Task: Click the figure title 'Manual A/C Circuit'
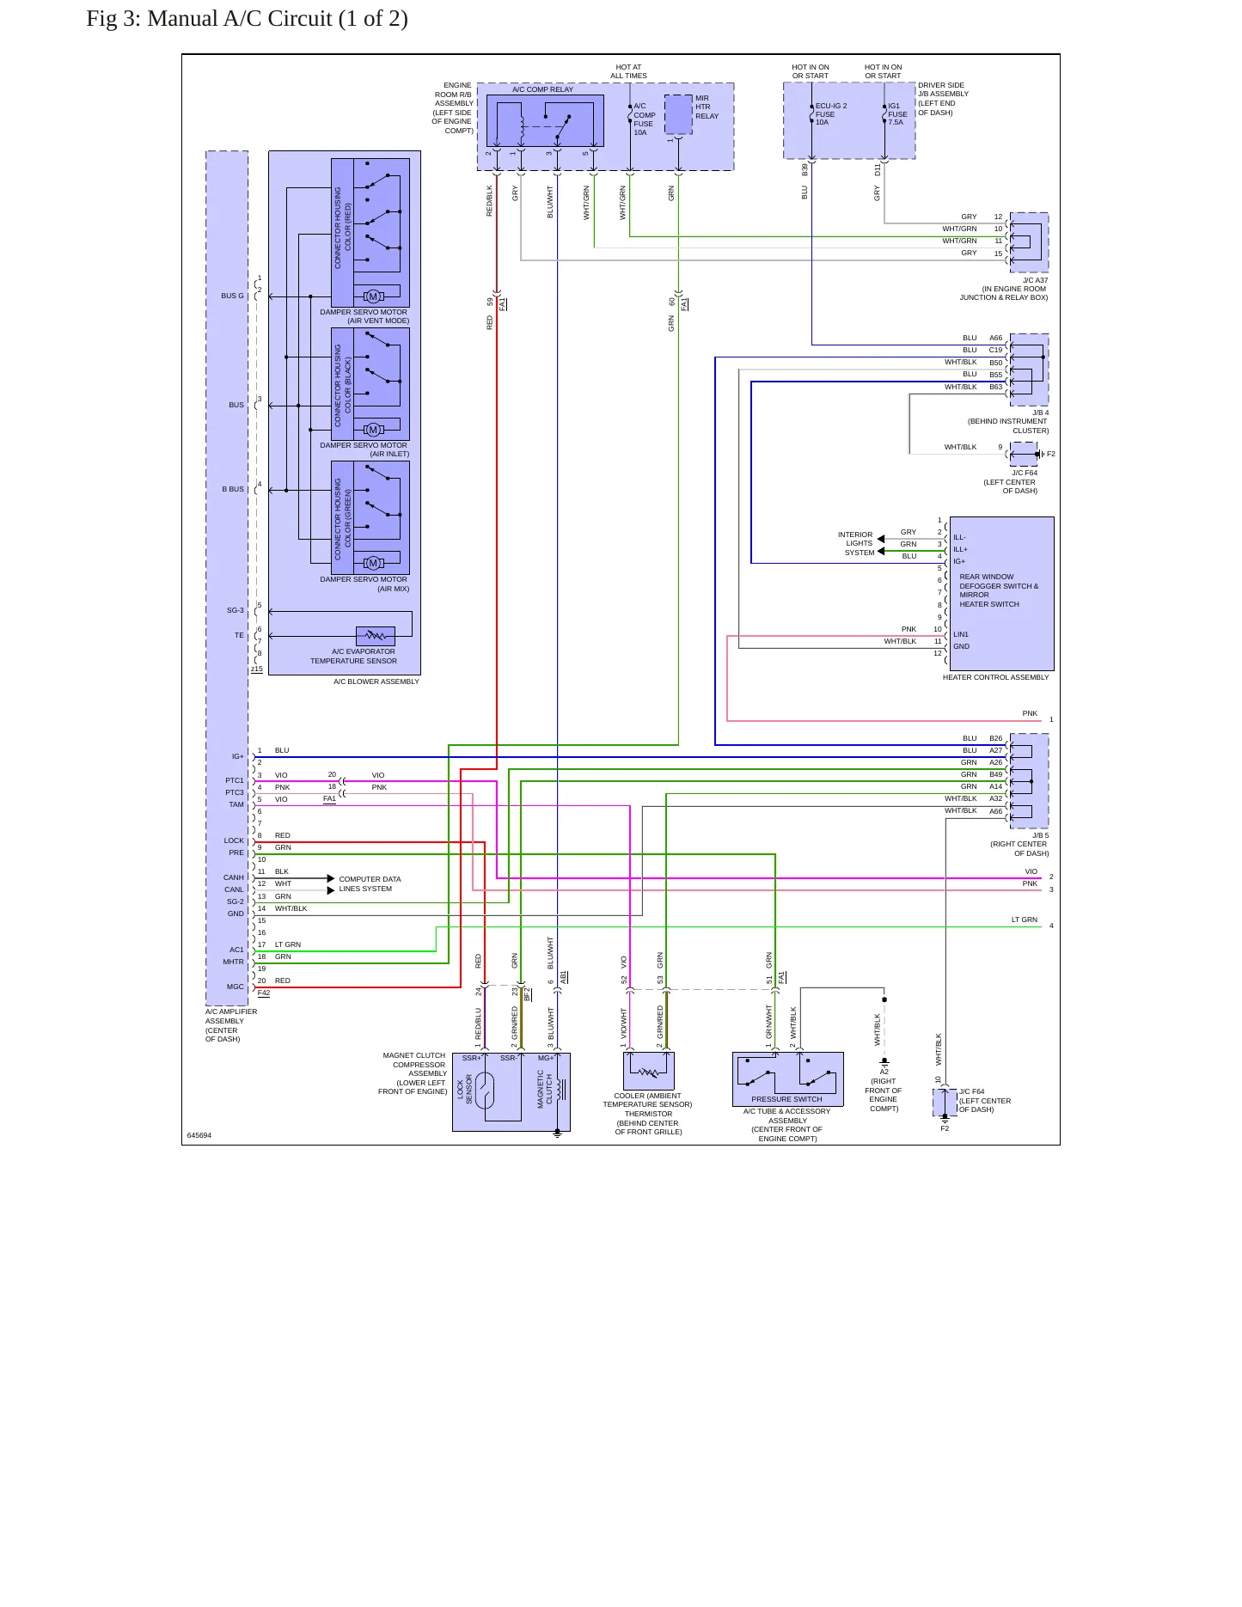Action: click(240, 19)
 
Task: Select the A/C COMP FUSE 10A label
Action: click(645, 119)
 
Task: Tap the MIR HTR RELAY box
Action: click(678, 114)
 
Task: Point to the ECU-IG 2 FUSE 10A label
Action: click(830, 114)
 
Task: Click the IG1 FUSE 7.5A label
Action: click(897, 114)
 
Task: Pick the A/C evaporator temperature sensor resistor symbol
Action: click(376, 636)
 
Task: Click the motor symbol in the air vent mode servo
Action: click(373, 296)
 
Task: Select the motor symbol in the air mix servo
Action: click(373, 563)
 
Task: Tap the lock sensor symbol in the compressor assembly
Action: click(486, 1091)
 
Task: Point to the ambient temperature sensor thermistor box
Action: click(648, 1071)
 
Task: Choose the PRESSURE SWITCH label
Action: click(786, 1099)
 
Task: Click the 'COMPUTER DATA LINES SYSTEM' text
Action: click(370, 884)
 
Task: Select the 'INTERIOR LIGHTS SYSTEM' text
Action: click(856, 543)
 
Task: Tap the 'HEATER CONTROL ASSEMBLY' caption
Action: click(995, 677)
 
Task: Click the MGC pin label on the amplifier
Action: click(236, 987)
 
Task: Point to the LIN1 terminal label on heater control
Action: click(961, 634)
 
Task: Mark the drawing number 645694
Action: click(199, 1135)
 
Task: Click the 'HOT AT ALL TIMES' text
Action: click(628, 71)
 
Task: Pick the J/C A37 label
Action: click(1035, 280)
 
